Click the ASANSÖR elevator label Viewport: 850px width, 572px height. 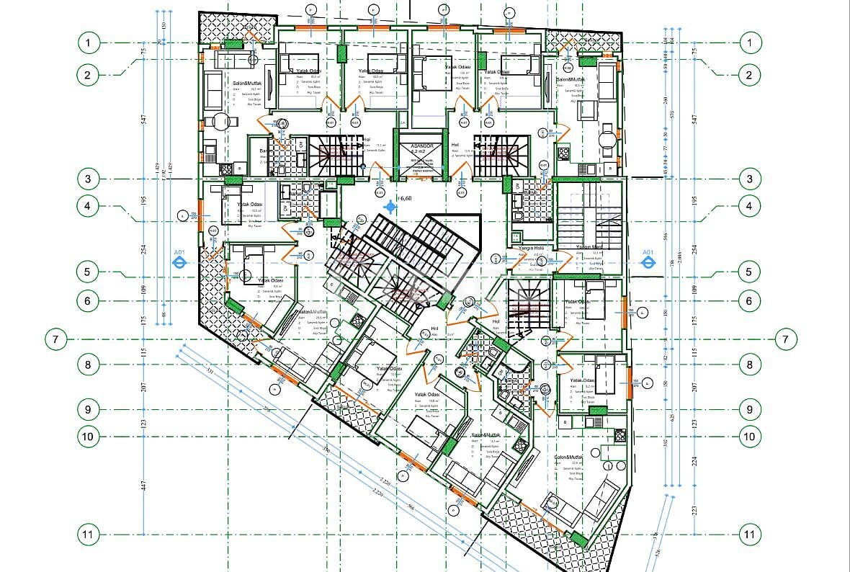(419, 146)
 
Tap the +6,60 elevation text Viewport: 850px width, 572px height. (404, 198)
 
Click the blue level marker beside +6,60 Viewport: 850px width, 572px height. (391, 207)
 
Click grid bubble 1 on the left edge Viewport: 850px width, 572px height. (88, 43)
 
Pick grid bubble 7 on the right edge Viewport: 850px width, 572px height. (785, 339)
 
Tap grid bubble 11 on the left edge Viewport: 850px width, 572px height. (88, 535)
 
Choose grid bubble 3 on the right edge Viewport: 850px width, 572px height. (750, 179)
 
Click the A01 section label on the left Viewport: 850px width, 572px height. (179, 252)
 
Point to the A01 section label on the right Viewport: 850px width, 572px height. (648, 252)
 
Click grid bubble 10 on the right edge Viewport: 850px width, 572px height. (750, 436)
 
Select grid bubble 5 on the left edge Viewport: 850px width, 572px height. (88, 272)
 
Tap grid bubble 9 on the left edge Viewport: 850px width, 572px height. (88, 410)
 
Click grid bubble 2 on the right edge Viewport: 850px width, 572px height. (750, 74)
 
